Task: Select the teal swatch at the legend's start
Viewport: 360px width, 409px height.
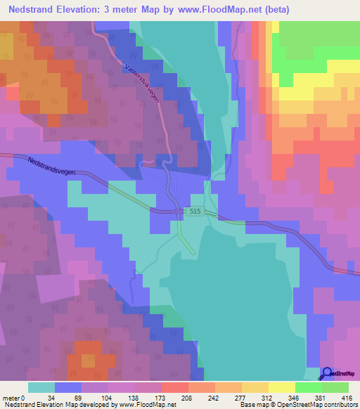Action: pos(41,387)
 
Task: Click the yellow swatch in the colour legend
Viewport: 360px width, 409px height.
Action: pos(281,387)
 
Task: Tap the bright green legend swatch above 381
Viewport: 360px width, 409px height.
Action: pos(308,387)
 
